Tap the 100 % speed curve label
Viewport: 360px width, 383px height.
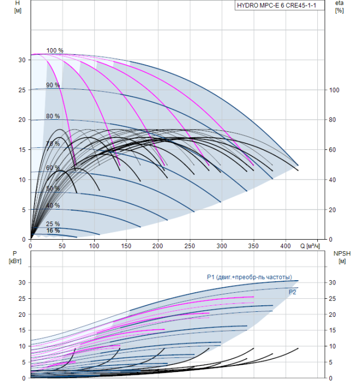(55, 51)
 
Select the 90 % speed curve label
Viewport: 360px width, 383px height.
(53, 85)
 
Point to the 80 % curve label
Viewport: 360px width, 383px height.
(53, 117)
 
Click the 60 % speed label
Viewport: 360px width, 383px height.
(53, 167)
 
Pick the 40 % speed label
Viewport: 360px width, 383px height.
(53, 205)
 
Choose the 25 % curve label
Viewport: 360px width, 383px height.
(53, 224)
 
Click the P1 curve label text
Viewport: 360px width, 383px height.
(249, 277)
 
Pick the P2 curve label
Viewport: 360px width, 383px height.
(293, 293)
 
